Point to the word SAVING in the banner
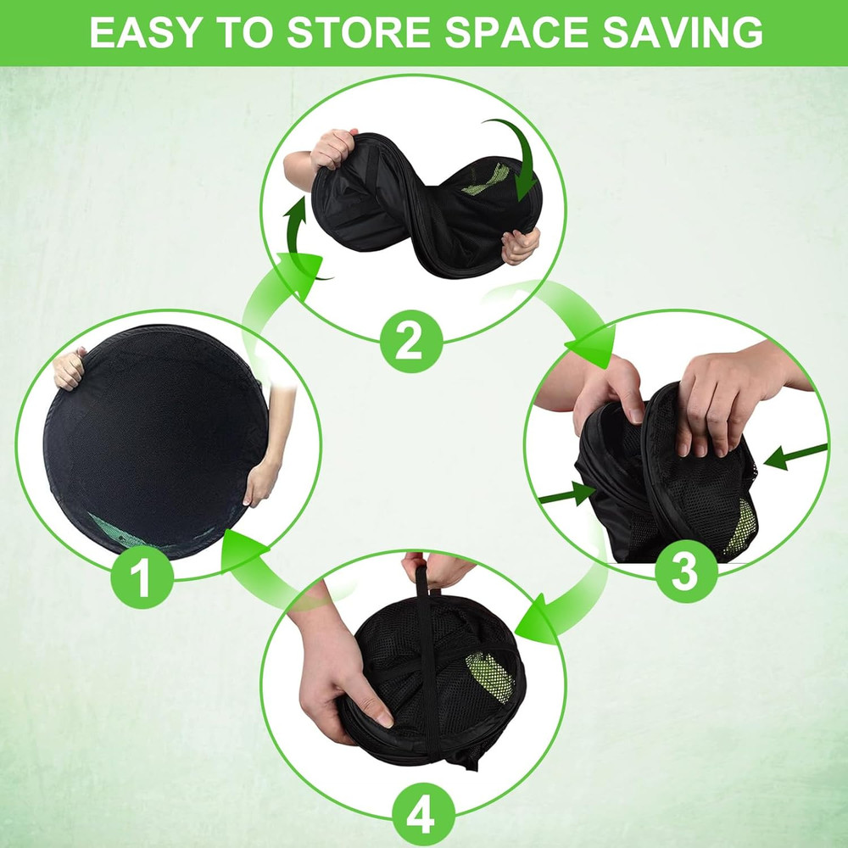[x=682, y=32]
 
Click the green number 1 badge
[x=142, y=577]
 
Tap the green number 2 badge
[x=411, y=341]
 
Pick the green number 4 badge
[x=423, y=814]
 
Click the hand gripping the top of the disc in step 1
[x=70, y=369]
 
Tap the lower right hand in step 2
[x=521, y=246]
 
